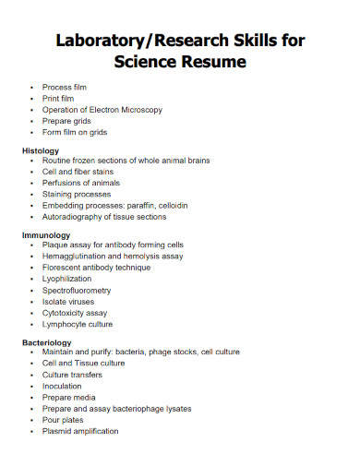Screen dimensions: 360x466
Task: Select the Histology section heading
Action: [41, 149]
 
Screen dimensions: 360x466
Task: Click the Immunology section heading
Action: [46, 234]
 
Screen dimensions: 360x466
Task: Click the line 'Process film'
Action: [64, 87]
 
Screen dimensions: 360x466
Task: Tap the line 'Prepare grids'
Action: [66, 121]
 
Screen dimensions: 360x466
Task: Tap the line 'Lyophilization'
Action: [66, 279]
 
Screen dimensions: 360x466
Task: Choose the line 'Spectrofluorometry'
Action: [77, 291]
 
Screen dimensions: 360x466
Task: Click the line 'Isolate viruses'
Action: [68, 302]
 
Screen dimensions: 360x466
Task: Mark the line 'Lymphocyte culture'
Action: [78, 325]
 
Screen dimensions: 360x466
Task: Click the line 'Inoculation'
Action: [62, 387]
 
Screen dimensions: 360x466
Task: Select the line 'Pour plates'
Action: [63, 420]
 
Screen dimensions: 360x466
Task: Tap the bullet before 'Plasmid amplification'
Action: [32, 431]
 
